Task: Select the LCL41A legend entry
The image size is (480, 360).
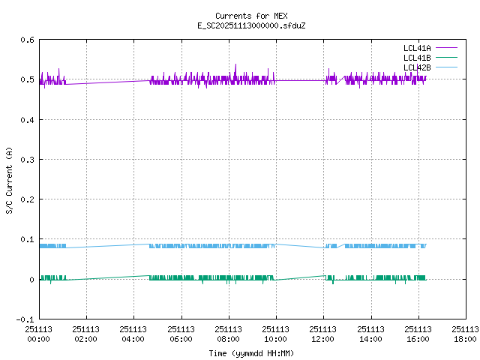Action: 416,48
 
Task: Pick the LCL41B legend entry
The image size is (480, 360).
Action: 416,58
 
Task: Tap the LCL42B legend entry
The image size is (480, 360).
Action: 416,67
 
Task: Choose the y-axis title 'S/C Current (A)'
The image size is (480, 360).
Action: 9,180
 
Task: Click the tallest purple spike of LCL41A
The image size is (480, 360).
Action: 235,65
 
